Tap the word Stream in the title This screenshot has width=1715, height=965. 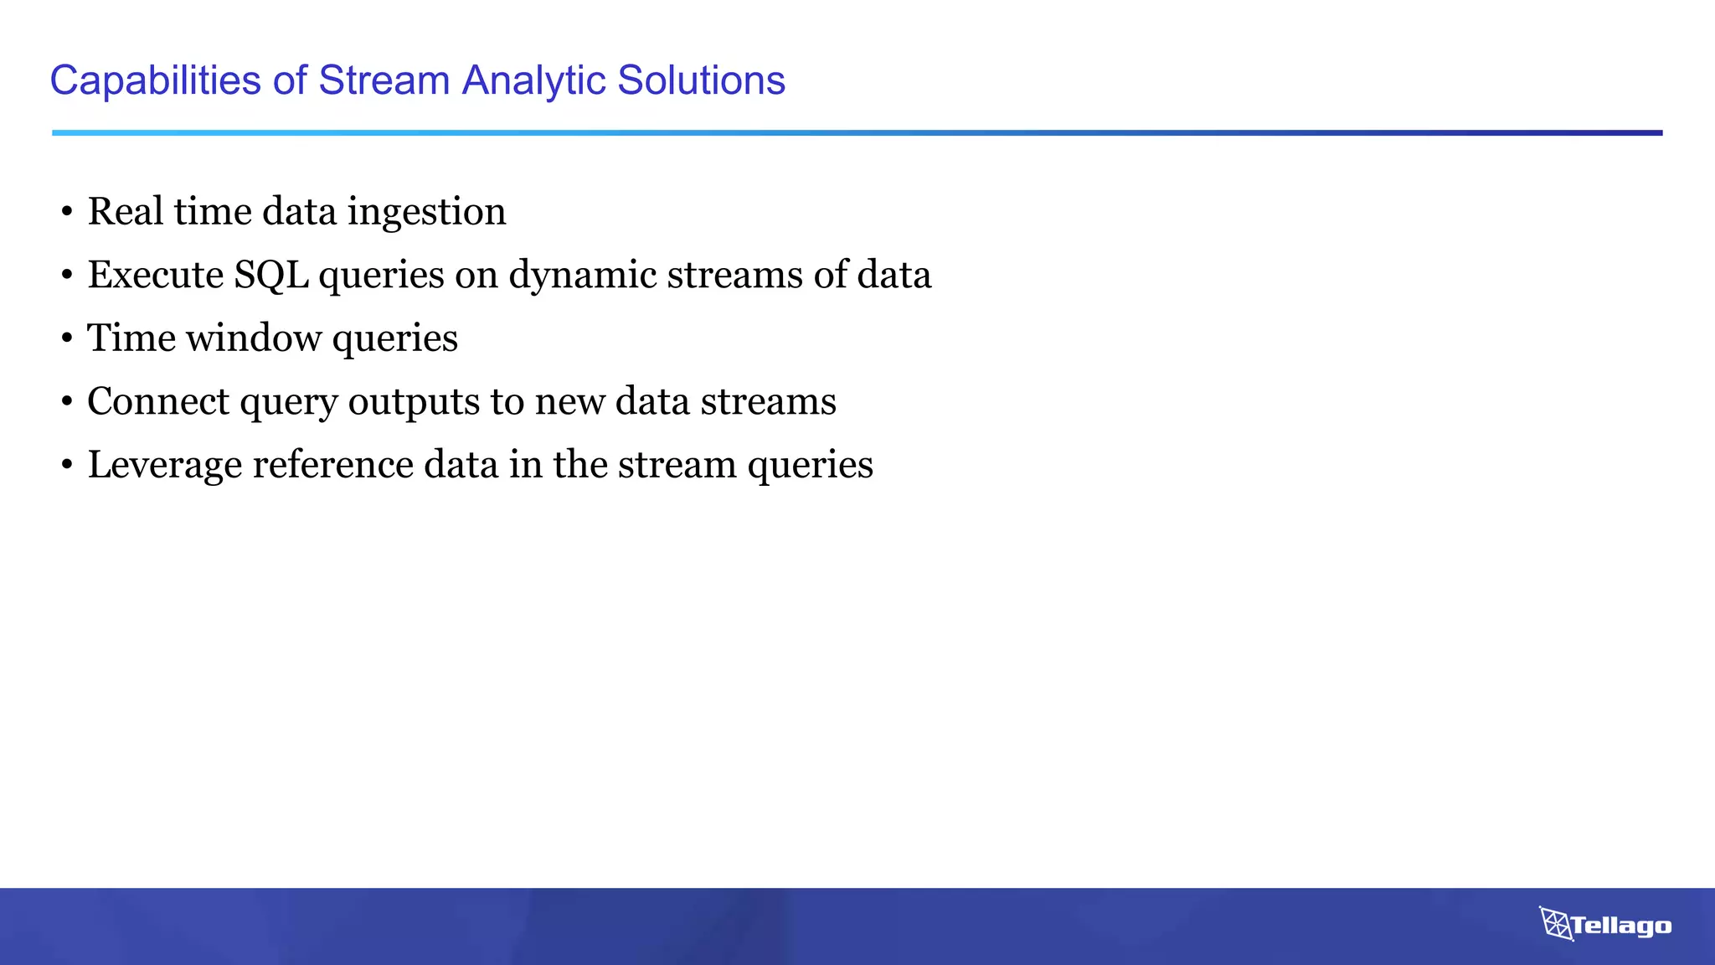pyautogui.click(x=384, y=81)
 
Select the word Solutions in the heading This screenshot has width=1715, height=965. pyautogui.click(x=701, y=81)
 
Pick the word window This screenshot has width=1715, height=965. pyautogui.click(x=254, y=338)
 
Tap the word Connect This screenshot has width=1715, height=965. pyautogui.click(x=158, y=401)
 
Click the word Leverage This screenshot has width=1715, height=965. pyautogui.click(x=165, y=466)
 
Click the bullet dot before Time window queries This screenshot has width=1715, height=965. pyautogui.click(x=67, y=340)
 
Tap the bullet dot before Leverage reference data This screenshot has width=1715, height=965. pyautogui.click(x=67, y=467)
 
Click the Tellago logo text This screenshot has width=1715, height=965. pyautogui.click(x=1620, y=926)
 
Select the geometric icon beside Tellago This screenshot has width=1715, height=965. pyautogui.click(x=1555, y=924)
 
